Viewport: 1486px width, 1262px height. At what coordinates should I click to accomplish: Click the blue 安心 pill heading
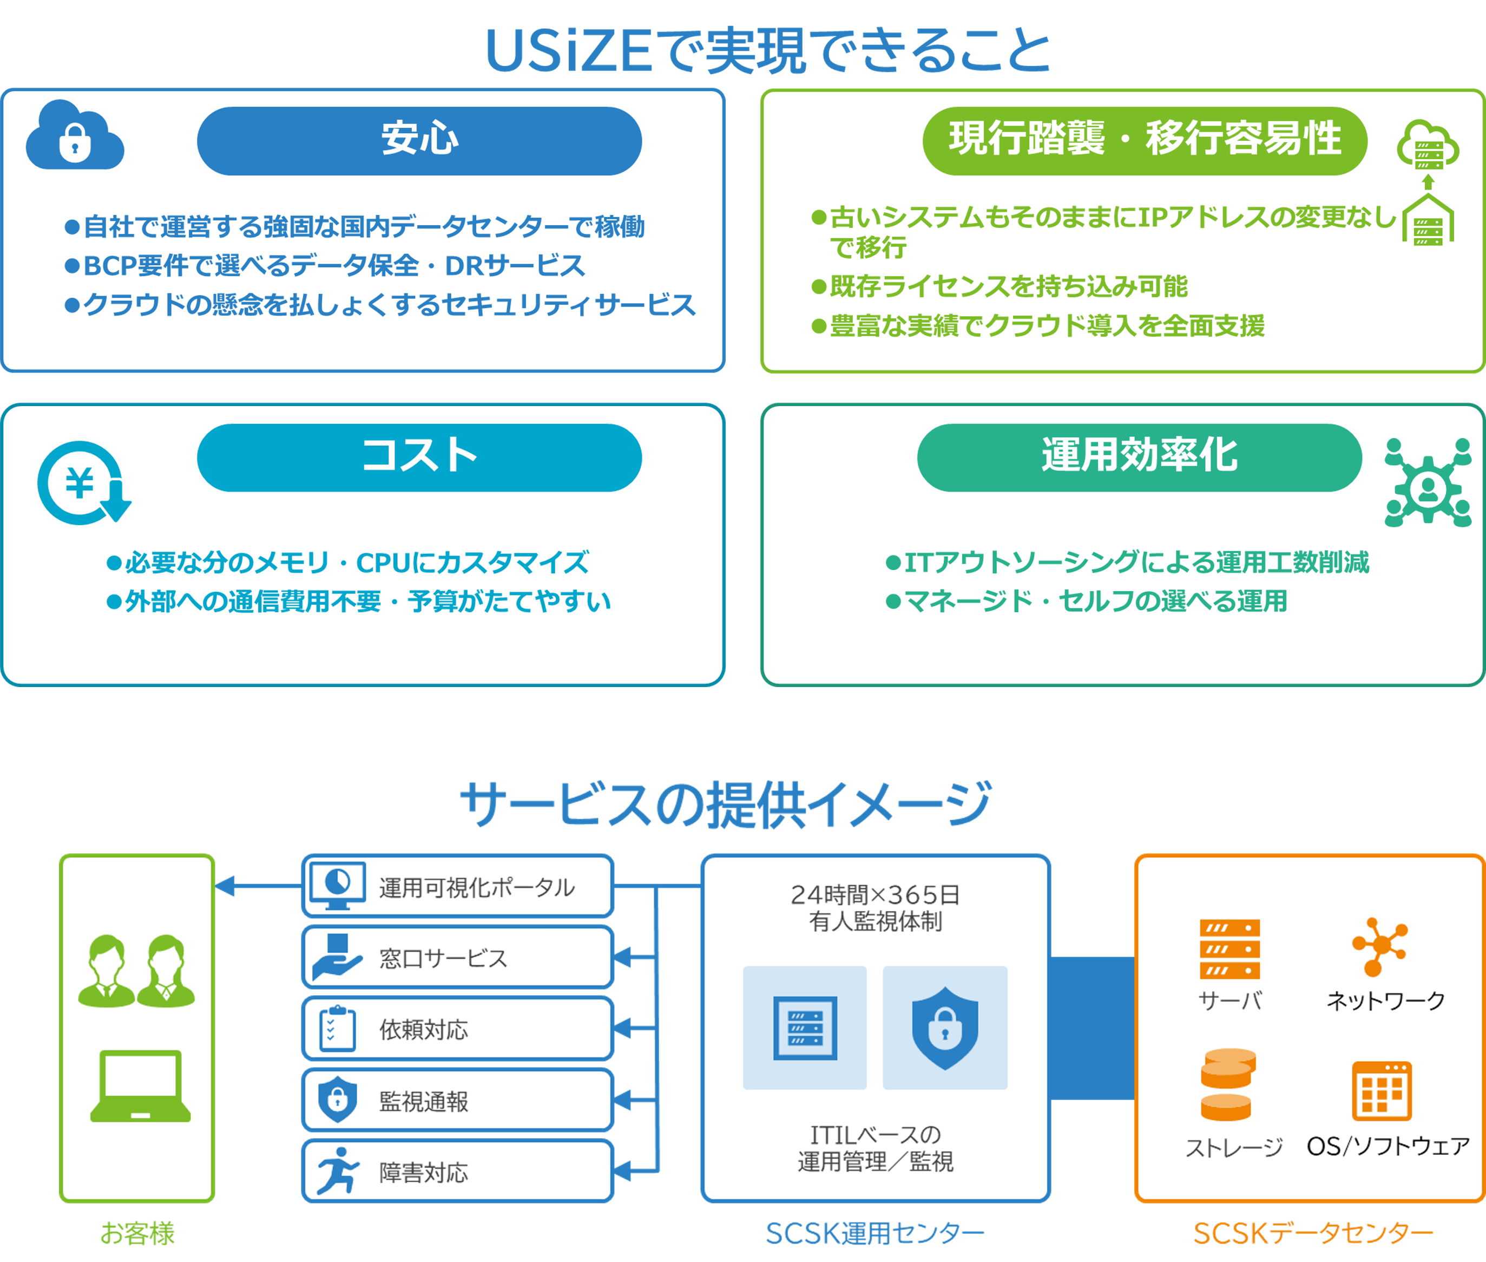419,141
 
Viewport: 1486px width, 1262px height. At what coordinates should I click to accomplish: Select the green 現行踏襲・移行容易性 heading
1144,141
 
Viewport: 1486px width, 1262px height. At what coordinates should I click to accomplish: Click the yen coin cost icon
83,483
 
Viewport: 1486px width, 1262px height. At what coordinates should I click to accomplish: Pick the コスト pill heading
419,457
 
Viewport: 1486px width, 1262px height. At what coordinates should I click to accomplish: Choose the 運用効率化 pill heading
1139,457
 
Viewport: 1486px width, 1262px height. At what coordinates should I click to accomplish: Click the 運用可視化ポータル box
458,886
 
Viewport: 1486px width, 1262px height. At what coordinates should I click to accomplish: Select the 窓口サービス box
458,957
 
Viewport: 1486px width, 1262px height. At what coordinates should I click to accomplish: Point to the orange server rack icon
1229,949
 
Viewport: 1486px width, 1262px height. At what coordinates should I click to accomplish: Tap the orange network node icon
1379,946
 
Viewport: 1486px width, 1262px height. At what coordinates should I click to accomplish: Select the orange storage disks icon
1228,1084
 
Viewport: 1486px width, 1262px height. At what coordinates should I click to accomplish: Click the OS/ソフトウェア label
1388,1147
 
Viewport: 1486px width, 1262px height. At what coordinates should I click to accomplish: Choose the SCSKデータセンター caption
1313,1233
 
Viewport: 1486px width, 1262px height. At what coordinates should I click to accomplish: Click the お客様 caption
137,1233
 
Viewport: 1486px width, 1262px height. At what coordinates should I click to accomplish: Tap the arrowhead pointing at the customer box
225,886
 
